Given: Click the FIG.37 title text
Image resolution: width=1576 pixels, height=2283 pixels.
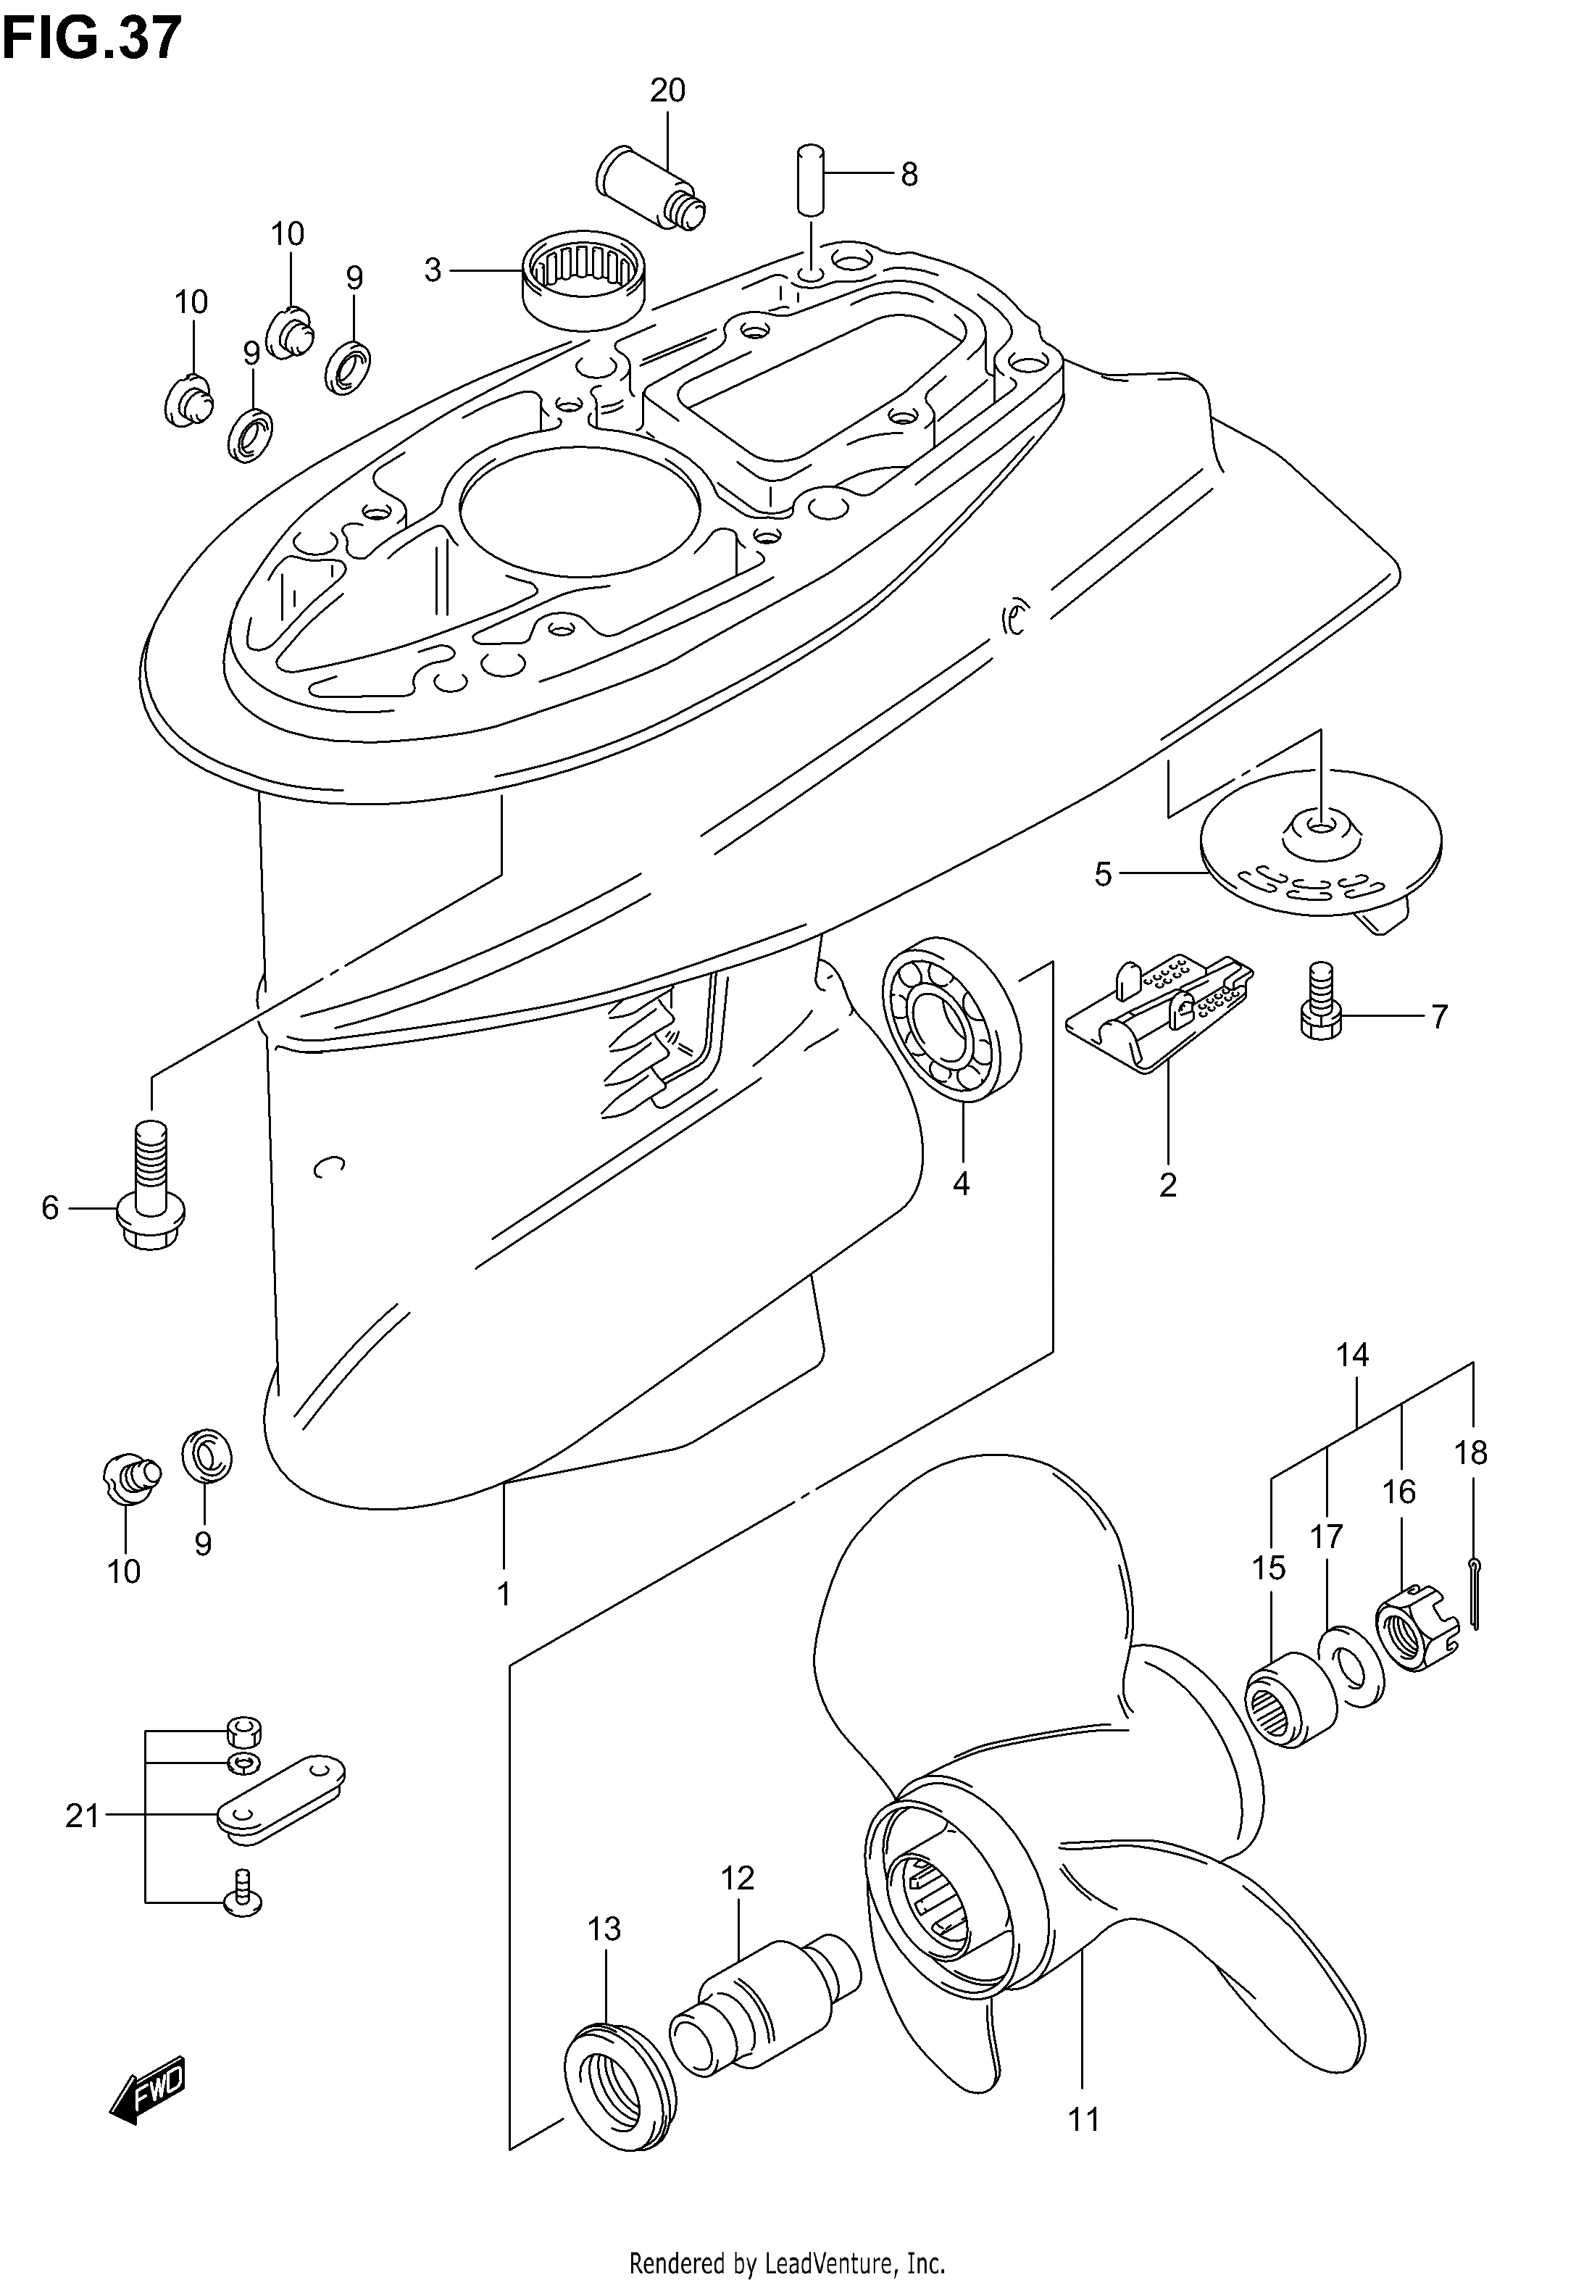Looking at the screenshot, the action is pos(92,39).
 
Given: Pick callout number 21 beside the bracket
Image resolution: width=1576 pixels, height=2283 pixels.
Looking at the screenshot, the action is pos(83,1814).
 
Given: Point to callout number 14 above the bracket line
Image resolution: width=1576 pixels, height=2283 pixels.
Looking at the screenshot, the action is pos(1353,1355).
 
